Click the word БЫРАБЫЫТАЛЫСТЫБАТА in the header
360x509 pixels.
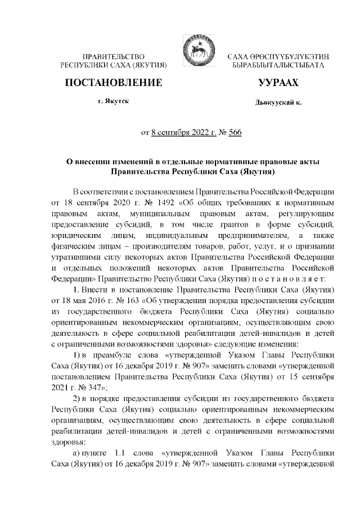click(278, 66)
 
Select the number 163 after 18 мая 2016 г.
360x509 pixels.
click(133, 300)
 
